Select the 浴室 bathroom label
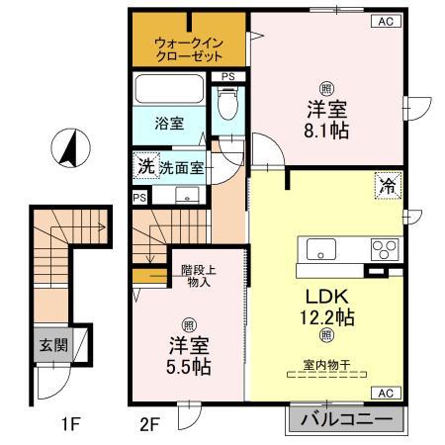pos(169,124)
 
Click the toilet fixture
pos(228,105)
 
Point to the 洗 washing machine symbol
pos(144,167)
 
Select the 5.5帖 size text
pos(188,366)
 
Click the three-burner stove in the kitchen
pos(384,248)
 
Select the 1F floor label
pos(67,426)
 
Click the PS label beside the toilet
pos(228,77)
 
